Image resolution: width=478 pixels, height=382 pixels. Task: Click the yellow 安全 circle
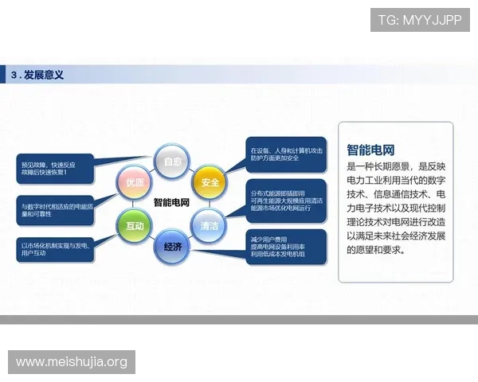coord(210,182)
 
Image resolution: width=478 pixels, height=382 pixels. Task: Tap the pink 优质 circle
coord(134,182)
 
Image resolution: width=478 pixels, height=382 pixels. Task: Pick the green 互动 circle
coord(134,226)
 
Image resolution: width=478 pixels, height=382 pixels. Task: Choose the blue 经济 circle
coord(173,247)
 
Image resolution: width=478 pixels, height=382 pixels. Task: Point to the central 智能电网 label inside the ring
coord(172,203)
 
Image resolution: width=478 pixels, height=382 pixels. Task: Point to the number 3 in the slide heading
coord(14,75)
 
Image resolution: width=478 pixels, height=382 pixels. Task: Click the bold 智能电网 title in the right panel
coord(371,150)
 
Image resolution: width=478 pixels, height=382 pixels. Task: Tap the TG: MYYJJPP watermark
coord(420,19)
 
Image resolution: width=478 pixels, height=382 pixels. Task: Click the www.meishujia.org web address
coord(72,362)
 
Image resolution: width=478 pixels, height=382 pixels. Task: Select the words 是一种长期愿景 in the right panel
coord(378,167)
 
